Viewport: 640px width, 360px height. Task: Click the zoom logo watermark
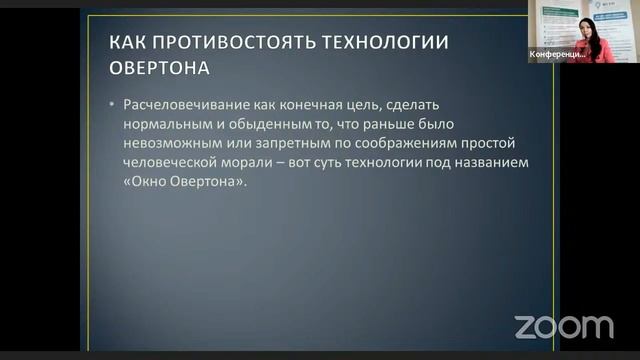(563, 326)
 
